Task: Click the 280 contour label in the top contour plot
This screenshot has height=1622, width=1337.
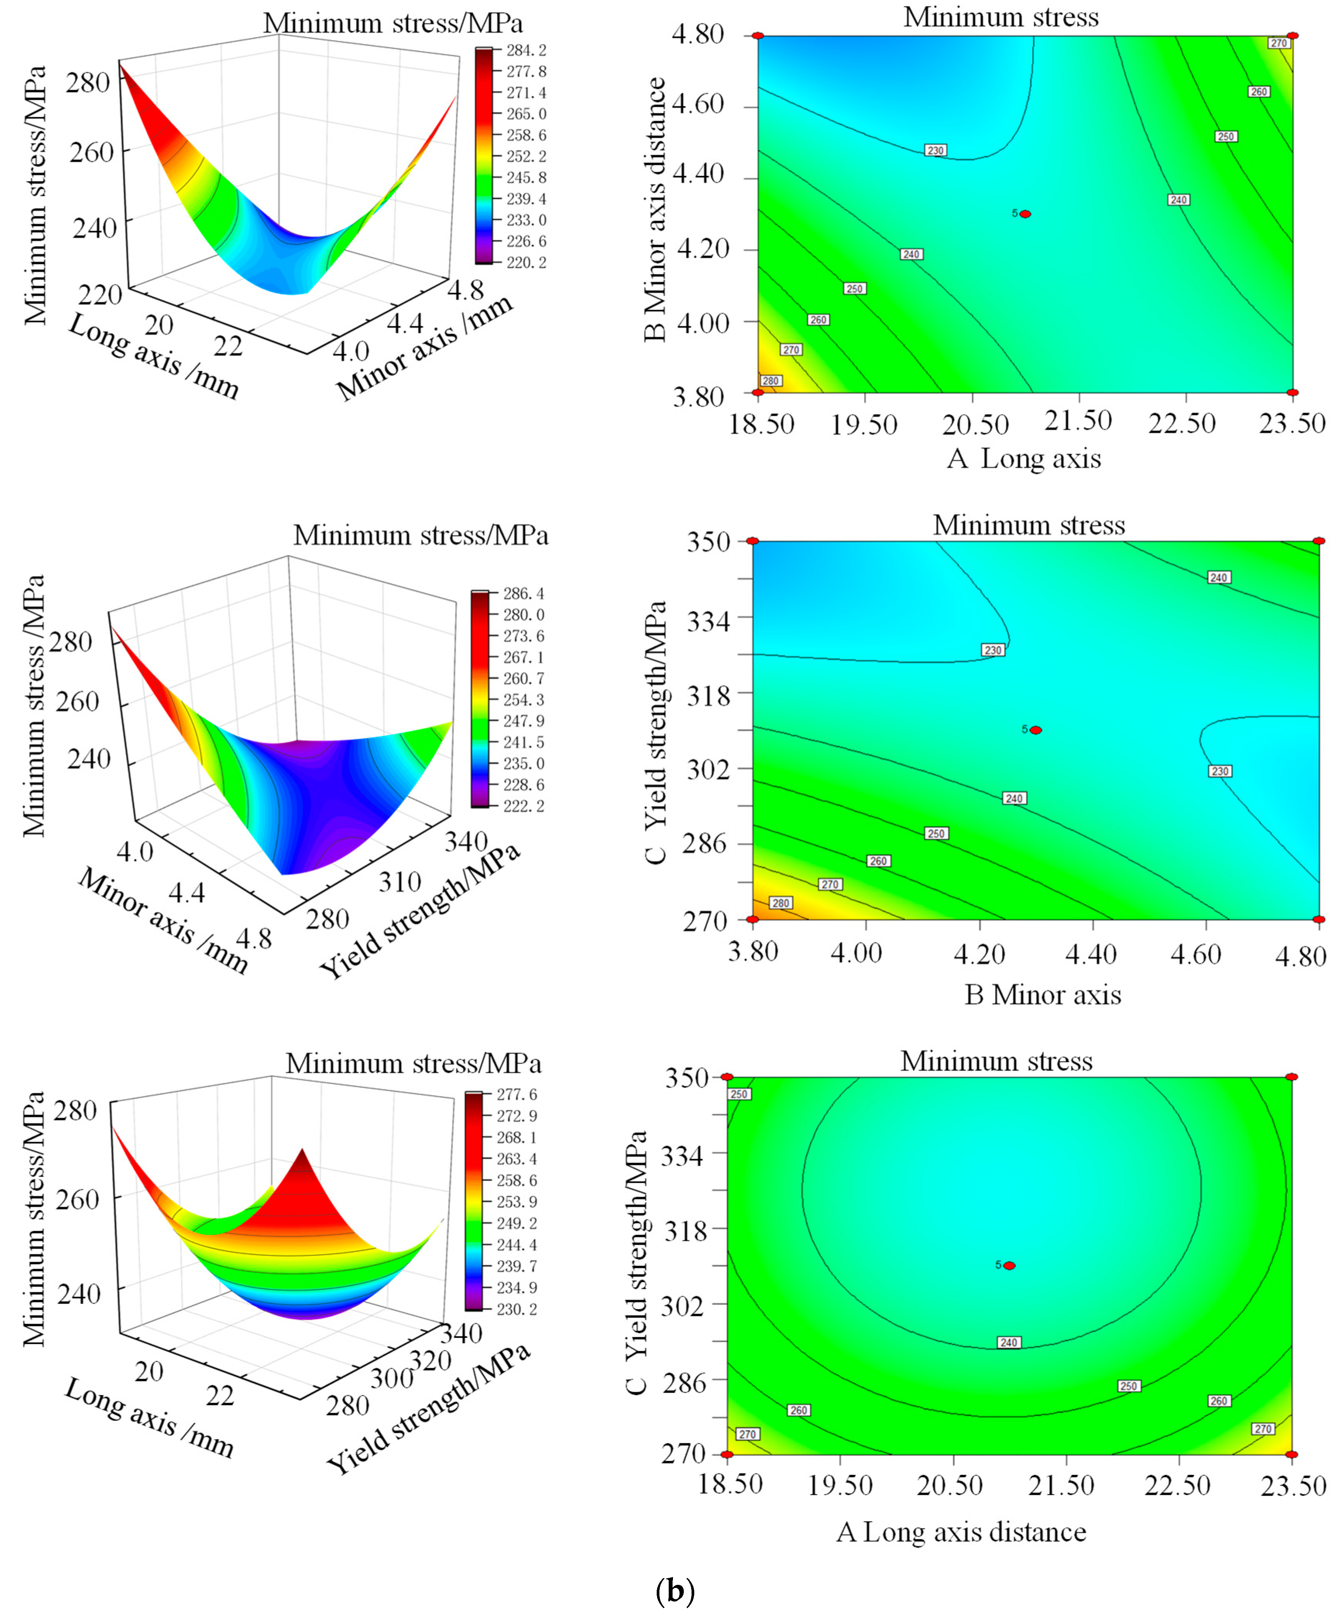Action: (x=771, y=380)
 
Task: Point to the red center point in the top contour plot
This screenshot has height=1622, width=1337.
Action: (x=1025, y=214)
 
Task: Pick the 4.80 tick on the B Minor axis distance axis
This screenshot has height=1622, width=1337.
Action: (x=698, y=34)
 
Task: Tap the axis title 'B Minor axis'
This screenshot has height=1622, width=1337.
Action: (x=1043, y=994)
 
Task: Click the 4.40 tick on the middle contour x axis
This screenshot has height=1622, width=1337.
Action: (x=1091, y=955)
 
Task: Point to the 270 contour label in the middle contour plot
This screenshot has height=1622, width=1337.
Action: (x=829, y=885)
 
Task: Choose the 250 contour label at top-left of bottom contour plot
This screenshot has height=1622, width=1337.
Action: (x=739, y=1094)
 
